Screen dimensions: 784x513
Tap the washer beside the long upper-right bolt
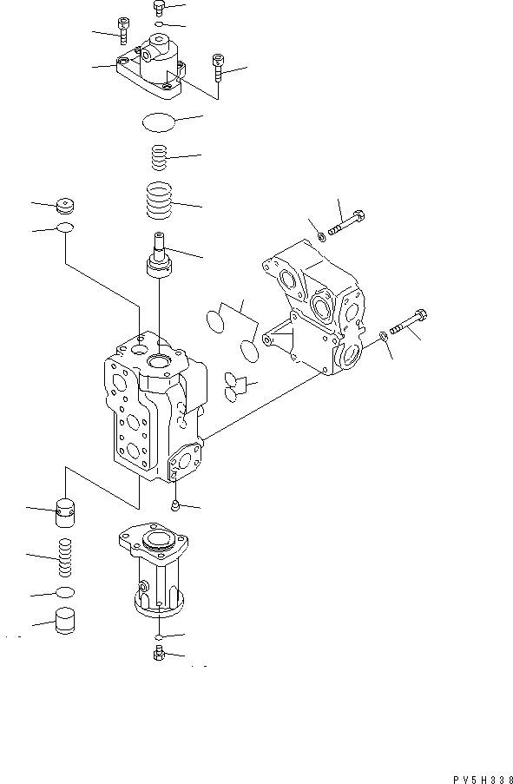click(x=320, y=232)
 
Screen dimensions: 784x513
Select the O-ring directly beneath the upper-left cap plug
click(x=65, y=229)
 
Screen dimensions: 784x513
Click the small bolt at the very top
click(x=158, y=9)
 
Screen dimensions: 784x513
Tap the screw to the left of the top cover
click(x=124, y=35)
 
